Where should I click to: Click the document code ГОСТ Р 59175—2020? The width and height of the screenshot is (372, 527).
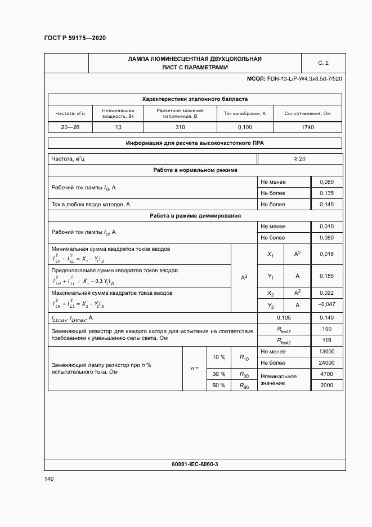pyautogui.click(x=74, y=38)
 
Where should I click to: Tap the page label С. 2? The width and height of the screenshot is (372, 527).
pyautogui.click(x=323, y=63)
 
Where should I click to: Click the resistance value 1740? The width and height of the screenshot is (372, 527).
pyautogui.click(x=307, y=127)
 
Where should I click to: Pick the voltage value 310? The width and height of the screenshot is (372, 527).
pyautogui.click(x=180, y=127)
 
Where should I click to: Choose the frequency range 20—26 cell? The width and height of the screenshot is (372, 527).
pyautogui.click(x=70, y=127)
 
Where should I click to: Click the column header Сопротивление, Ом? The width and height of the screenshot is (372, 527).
pyautogui.click(x=307, y=113)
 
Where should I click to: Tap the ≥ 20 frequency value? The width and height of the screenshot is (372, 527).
pyautogui.click(x=299, y=159)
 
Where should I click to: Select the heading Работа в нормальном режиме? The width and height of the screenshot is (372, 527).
pyautogui.click(x=195, y=170)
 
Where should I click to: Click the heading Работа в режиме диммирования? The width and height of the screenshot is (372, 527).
pyautogui.click(x=195, y=215)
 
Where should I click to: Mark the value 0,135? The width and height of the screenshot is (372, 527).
pyautogui.click(x=326, y=193)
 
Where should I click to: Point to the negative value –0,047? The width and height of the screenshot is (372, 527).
pyautogui.click(x=326, y=305)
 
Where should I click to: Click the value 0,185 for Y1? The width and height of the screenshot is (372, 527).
pyautogui.click(x=326, y=276)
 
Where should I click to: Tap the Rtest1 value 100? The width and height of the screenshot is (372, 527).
pyautogui.click(x=326, y=329)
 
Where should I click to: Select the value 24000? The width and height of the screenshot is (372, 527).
pyautogui.click(x=326, y=362)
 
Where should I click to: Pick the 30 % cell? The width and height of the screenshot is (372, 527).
pyautogui.click(x=218, y=374)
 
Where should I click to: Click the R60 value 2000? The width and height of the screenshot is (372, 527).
pyautogui.click(x=326, y=386)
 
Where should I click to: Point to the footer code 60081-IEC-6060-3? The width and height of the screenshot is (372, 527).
pyautogui.click(x=195, y=464)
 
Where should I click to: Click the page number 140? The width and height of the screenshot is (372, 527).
pyautogui.click(x=49, y=479)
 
